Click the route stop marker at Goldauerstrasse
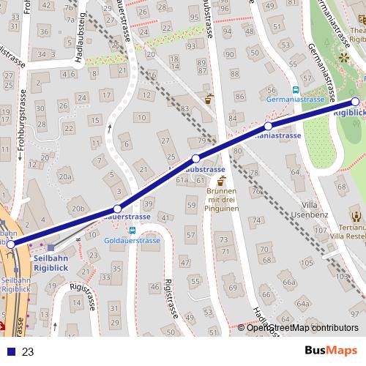tap(117, 209)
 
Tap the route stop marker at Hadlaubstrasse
tap(195, 159)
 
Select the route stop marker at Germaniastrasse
tap(269, 127)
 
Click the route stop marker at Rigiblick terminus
tap(356, 102)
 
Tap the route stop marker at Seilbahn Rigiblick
tap(11, 244)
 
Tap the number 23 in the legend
tap(29, 352)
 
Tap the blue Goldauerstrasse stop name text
tap(132, 240)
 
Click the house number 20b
tap(79, 209)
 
